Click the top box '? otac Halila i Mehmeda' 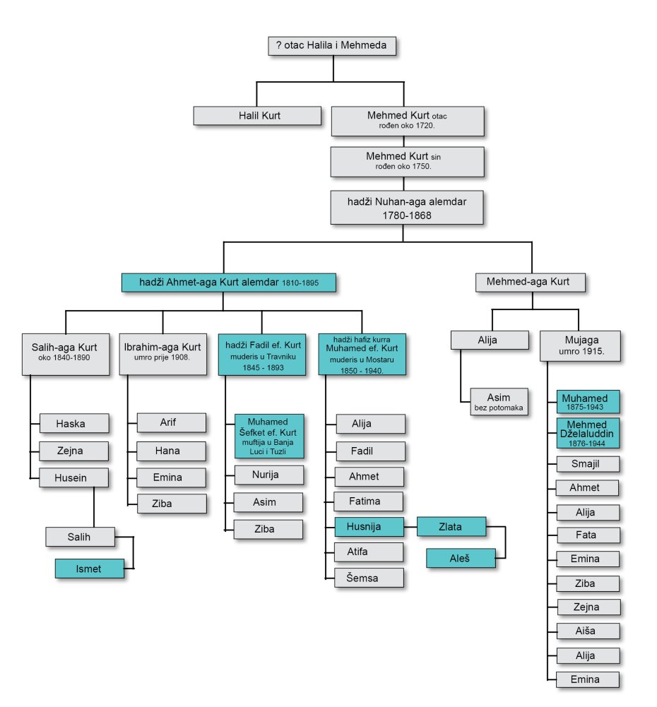coord(332,47)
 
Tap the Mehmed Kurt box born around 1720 coord(407,121)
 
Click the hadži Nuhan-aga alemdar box coord(407,208)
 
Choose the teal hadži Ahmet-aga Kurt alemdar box coord(228,283)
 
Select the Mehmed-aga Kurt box coord(528,283)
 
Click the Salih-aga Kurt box coord(64,352)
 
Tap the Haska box coord(73,424)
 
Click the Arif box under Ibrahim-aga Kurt coord(171,423)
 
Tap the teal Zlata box coord(451,526)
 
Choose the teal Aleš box coord(460,558)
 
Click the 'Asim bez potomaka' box coord(498,400)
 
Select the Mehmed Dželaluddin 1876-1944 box coord(587,433)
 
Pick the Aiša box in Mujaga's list coord(587,631)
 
